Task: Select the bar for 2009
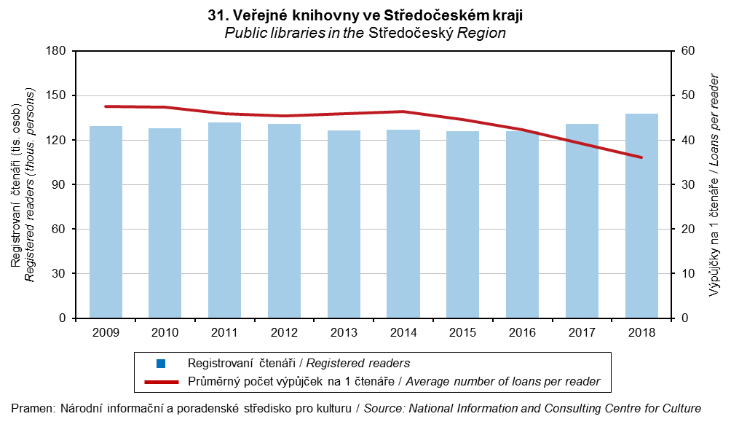(x=106, y=222)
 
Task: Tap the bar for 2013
(x=344, y=224)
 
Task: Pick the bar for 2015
(x=463, y=224)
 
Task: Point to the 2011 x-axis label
(x=225, y=332)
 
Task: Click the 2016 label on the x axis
(x=522, y=332)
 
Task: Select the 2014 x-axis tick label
(x=403, y=332)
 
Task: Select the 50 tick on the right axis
(x=687, y=95)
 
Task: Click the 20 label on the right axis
(x=687, y=230)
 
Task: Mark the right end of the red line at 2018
(x=641, y=157)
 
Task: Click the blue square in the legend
(x=161, y=363)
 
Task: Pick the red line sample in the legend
(x=161, y=380)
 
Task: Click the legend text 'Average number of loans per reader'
(x=503, y=380)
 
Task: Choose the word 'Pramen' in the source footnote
(x=30, y=408)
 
